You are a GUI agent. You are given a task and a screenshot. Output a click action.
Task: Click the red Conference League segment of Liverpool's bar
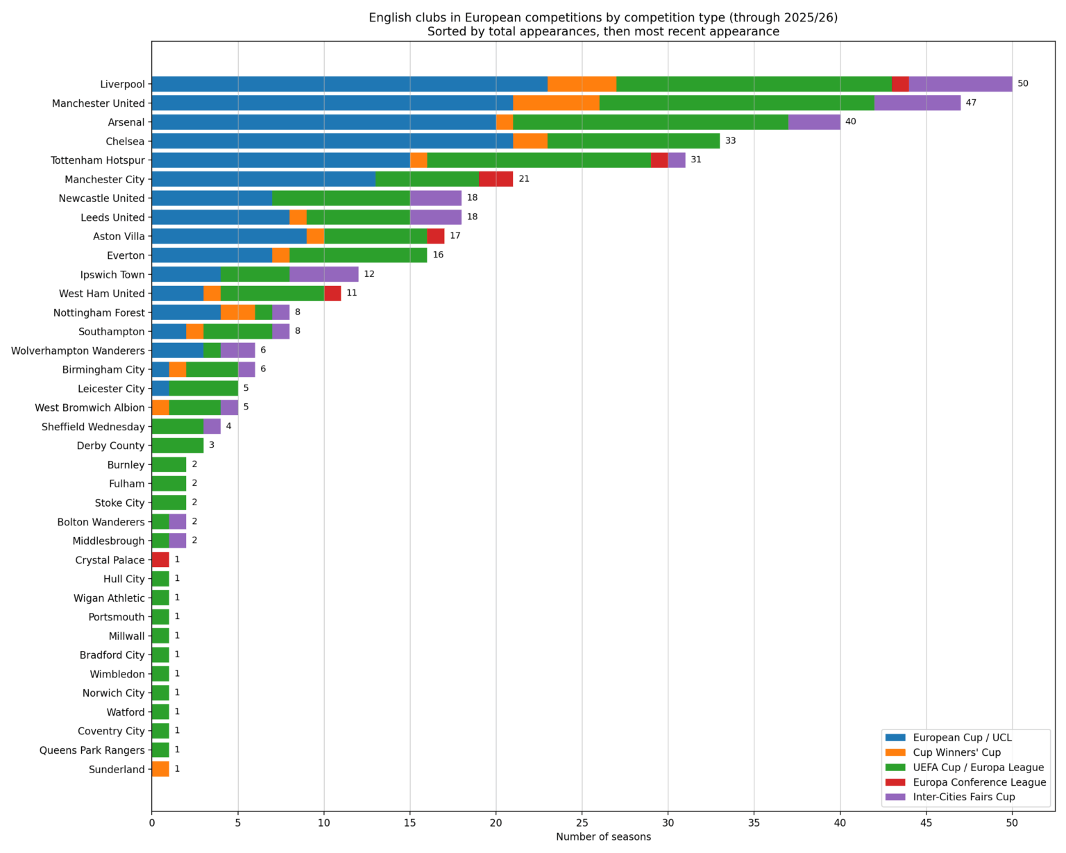tap(900, 84)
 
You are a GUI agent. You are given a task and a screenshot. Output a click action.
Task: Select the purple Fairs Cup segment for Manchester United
tap(917, 103)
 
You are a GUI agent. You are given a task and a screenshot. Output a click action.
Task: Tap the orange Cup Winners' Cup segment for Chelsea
tap(530, 141)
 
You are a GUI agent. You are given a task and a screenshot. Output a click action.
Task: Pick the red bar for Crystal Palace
tap(160, 560)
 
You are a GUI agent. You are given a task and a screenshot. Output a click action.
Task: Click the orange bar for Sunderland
tap(160, 769)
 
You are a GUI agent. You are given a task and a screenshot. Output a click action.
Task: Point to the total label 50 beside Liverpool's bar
tap(1022, 84)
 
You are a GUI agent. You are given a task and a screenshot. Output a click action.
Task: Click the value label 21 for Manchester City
tap(524, 179)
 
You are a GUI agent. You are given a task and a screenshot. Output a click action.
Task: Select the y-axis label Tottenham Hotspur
tap(98, 160)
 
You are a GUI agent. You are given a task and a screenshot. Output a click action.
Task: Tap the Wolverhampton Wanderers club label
tap(78, 351)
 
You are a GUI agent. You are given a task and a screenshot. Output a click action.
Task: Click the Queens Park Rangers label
tap(92, 750)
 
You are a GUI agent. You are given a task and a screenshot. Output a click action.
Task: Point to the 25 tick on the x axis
tap(582, 822)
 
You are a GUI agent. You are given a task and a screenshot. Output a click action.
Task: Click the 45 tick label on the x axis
tap(926, 822)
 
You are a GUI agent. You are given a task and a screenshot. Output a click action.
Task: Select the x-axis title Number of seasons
tap(603, 837)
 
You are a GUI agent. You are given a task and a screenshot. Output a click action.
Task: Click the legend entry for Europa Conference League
tap(979, 782)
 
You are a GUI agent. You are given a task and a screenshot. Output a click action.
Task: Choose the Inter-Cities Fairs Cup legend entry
tap(963, 797)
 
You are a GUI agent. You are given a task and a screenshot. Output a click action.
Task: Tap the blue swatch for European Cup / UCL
tap(895, 738)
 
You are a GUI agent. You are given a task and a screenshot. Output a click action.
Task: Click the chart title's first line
tap(603, 18)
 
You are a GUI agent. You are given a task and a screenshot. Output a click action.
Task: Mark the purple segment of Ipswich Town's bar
tap(323, 274)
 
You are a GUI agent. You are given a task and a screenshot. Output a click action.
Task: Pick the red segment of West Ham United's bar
tap(332, 294)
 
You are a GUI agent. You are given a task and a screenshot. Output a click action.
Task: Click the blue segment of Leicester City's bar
tap(160, 389)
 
